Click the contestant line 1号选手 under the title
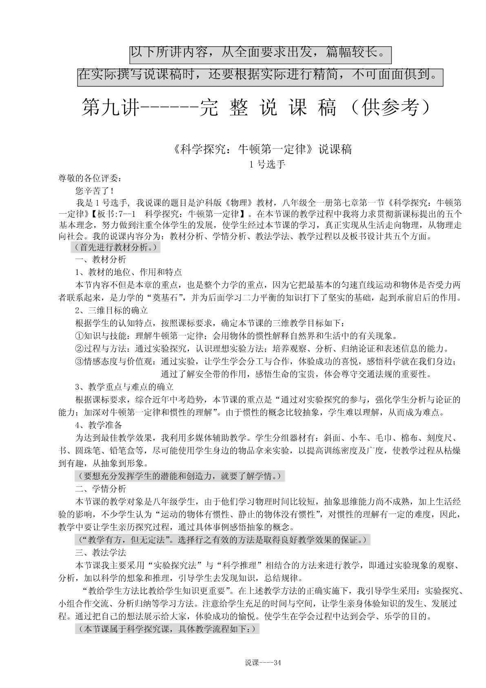267,165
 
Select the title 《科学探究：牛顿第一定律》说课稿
262,150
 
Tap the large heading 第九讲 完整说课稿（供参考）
256,108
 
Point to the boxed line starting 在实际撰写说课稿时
260,75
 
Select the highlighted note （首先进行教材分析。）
115,247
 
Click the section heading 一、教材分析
101,259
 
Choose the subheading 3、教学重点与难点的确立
124,387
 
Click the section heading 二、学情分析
101,489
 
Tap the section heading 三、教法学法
101,552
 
